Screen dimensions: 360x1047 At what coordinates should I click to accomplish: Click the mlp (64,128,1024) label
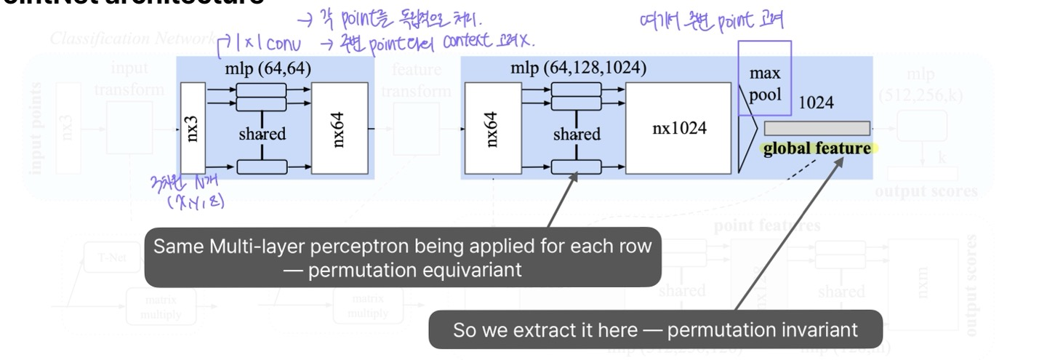pyautogui.click(x=578, y=68)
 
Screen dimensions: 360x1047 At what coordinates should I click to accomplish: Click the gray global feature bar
pyautogui.click(x=817, y=129)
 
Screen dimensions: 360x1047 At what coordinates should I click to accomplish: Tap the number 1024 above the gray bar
pyautogui.click(x=816, y=103)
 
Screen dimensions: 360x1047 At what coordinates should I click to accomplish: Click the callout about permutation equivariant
pyautogui.click(x=402, y=258)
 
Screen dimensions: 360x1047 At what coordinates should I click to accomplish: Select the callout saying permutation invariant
pyautogui.click(x=654, y=329)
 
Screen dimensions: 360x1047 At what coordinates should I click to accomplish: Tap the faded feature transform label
pyautogui.click(x=417, y=81)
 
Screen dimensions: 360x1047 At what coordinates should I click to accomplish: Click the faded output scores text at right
pyautogui.click(x=926, y=192)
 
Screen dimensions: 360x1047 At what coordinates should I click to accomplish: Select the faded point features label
pyautogui.click(x=767, y=226)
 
